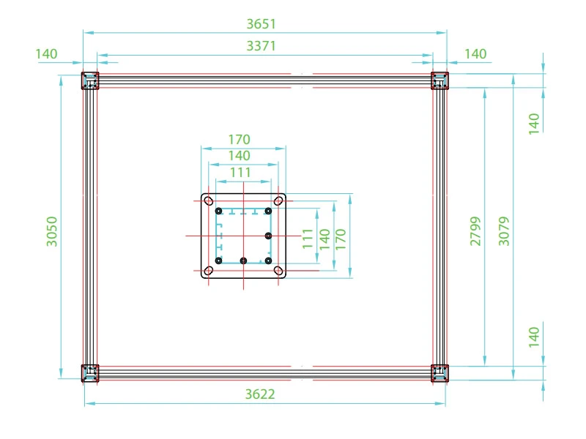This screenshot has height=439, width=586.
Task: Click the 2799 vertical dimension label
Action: tap(475, 230)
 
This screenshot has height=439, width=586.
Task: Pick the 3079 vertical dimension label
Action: tap(504, 230)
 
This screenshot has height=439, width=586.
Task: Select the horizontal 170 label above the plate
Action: tap(240, 140)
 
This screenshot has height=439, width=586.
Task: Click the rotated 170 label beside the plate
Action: tap(341, 239)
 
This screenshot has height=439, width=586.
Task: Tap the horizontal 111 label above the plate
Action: tap(240, 173)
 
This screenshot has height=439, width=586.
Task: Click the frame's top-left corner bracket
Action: tap(89, 80)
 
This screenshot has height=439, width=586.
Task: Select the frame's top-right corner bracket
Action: tap(439, 80)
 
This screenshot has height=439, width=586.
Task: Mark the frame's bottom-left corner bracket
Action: tap(89, 373)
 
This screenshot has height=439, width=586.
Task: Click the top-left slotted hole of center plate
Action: tap(209, 200)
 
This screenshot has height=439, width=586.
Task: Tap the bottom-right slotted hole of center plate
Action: tap(278, 271)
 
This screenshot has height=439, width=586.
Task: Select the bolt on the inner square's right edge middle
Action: tap(269, 236)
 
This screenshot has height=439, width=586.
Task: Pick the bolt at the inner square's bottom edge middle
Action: tap(243, 260)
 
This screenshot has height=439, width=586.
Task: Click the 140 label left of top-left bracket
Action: tap(46, 54)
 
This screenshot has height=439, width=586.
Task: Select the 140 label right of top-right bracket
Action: tap(475, 54)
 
